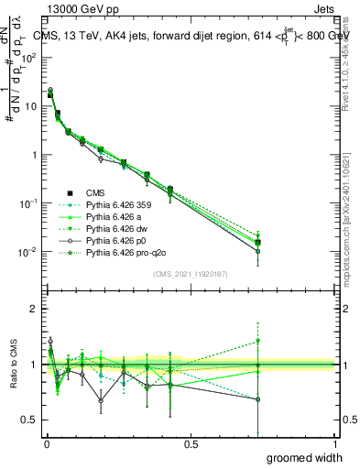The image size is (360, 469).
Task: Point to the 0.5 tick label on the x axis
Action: (x=191, y=443)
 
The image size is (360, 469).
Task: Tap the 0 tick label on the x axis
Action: (x=48, y=443)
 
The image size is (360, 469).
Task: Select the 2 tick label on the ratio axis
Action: (x=38, y=309)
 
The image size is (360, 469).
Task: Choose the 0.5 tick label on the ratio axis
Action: (x=34, y=421)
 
